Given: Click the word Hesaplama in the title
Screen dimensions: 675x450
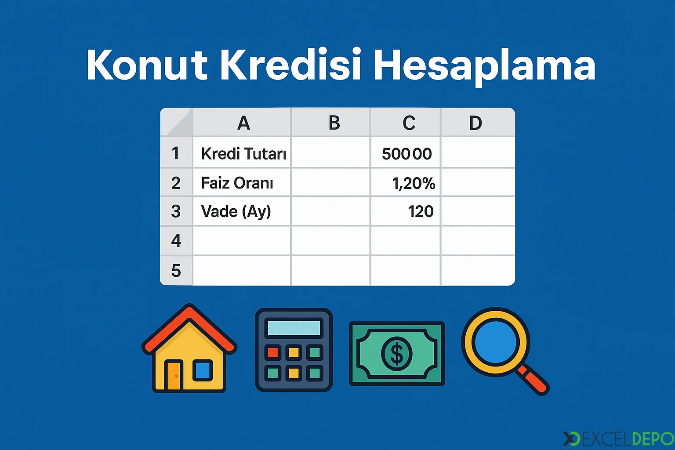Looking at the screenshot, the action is tap(485, 67).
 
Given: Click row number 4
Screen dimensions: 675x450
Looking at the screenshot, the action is tap(176, 240).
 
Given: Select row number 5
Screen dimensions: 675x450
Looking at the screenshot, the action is tap(176, 270).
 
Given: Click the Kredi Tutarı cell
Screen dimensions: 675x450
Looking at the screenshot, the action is tap(242, 153).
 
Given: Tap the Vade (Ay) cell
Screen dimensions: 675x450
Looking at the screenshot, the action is tap(242, 211).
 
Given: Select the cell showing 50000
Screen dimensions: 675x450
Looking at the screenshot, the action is tap(406, 153).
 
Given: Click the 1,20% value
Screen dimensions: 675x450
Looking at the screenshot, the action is tap(414, 183).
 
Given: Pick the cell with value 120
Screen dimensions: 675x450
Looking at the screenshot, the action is tap(406, 211).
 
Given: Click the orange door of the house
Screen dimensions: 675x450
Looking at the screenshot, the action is tap(174, 376).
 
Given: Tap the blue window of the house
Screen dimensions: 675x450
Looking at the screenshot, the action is tap(203, 370).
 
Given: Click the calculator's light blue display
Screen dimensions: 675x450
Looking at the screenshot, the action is tap(294, 328).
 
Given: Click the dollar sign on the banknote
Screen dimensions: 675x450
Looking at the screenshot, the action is tap(396, 353).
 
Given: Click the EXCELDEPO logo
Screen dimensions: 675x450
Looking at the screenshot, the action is tap(618, 439).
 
